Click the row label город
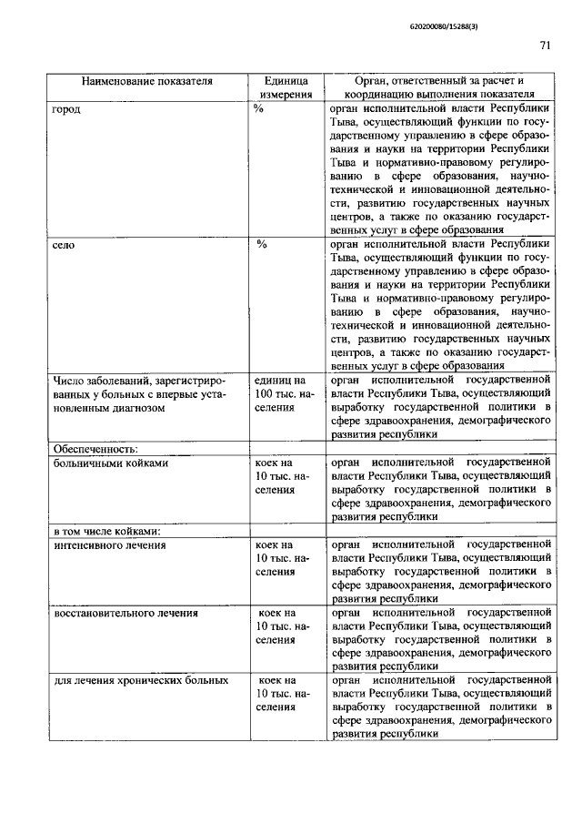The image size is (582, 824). pos(66,108)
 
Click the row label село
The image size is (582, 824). pos(65,245)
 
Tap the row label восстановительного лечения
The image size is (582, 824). pos(125,613)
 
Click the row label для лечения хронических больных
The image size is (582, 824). pos(140,680)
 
